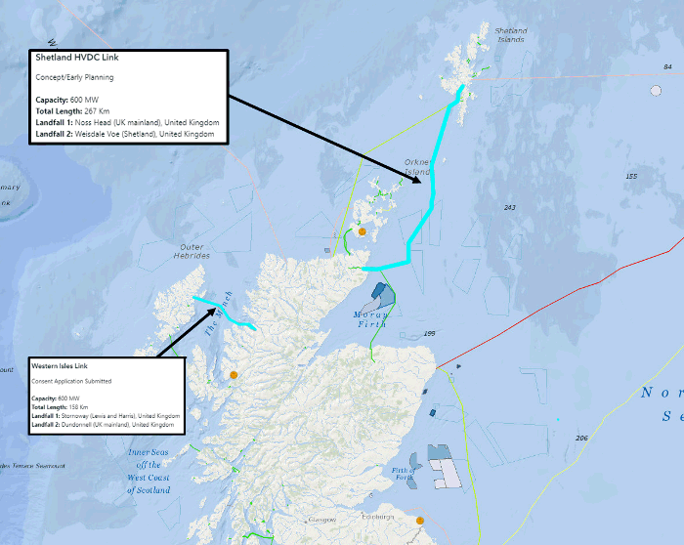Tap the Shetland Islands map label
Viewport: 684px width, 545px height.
point(510,35)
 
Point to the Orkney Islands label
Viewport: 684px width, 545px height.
point(417,167)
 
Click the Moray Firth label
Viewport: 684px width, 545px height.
point(371,318)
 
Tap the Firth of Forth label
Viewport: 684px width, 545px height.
point(405,474)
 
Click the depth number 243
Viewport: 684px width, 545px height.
point(509,208)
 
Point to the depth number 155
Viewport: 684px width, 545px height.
point(631,176)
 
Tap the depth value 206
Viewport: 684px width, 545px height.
point(583,438)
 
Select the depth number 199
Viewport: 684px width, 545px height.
point(429,334)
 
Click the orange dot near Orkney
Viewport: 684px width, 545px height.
point(362,232)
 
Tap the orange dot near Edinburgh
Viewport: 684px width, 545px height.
point(419,522)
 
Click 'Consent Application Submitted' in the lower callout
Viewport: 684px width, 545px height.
point(71,381)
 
